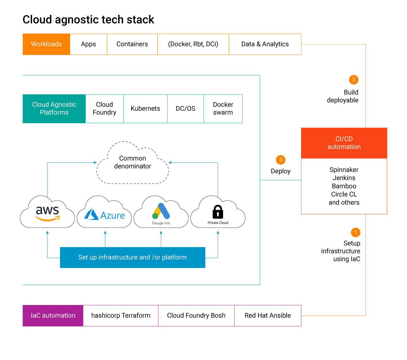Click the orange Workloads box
(46, 44)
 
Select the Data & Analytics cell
(265, 44)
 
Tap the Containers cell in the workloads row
(132, 44)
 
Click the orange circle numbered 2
(354, 80)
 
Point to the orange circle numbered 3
(281, 160)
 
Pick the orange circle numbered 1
(355, 232)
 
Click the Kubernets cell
(145, 109)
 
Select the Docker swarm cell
(223, 109)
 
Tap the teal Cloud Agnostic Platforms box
(54, 109)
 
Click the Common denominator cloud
(133, 163)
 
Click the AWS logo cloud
(47, 213)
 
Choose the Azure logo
(104, 215)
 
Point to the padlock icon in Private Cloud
(218, 212)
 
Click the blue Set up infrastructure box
(132, 257)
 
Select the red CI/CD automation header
(344, 143)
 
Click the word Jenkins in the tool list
(344, 178)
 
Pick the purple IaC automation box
(53, 315)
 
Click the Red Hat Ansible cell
(268, 315)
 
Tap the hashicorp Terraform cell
(121, 315)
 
